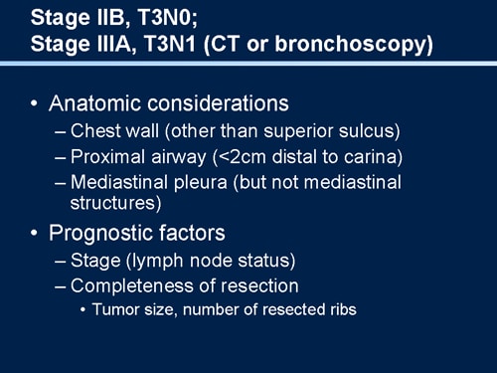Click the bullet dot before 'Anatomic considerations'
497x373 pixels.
pos(36,103)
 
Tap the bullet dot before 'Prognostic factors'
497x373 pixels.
pos(36,234)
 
